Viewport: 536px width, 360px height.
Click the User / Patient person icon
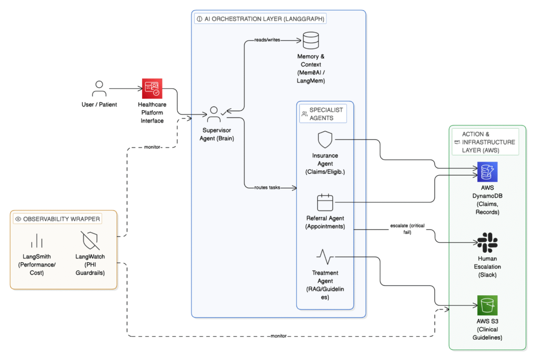(x=99, y=88)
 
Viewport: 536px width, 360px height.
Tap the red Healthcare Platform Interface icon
(x=152, y=88)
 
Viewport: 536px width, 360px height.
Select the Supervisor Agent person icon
(x=214, y=114)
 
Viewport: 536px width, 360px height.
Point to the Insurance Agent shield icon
(x=325, y=140)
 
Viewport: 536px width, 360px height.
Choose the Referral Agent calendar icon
(x=325, y=202)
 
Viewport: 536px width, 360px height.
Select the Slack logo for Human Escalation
(x=487, y=243)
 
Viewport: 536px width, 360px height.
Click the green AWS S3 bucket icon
(x=487, y=306)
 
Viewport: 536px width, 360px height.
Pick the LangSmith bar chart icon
(x=37, y=241)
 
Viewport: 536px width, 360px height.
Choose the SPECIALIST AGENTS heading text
(x=326, y=114)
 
